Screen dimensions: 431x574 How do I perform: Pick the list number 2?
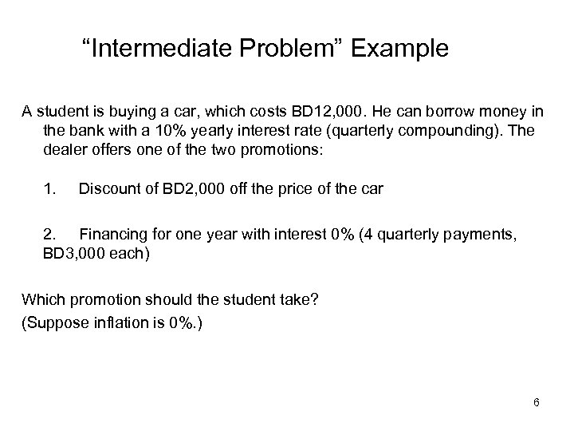tap(50, 235)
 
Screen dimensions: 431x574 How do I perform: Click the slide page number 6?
tap(537, 401)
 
